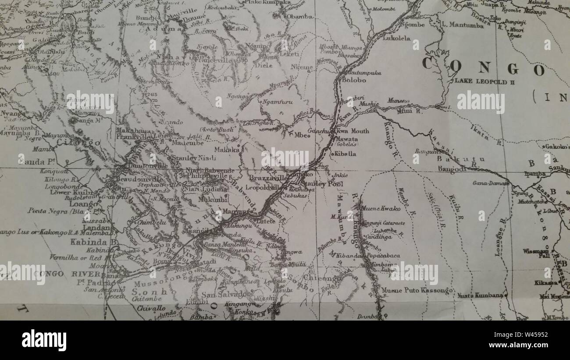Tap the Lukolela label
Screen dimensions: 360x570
[x=396, y=38]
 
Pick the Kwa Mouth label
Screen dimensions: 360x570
[x=353, y=131]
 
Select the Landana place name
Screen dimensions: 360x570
[x=91, y=228]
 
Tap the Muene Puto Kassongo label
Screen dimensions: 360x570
[x=417, y=290]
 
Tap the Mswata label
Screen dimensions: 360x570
[x=346, y=139]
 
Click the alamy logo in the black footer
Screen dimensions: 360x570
[x=44, y=340]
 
